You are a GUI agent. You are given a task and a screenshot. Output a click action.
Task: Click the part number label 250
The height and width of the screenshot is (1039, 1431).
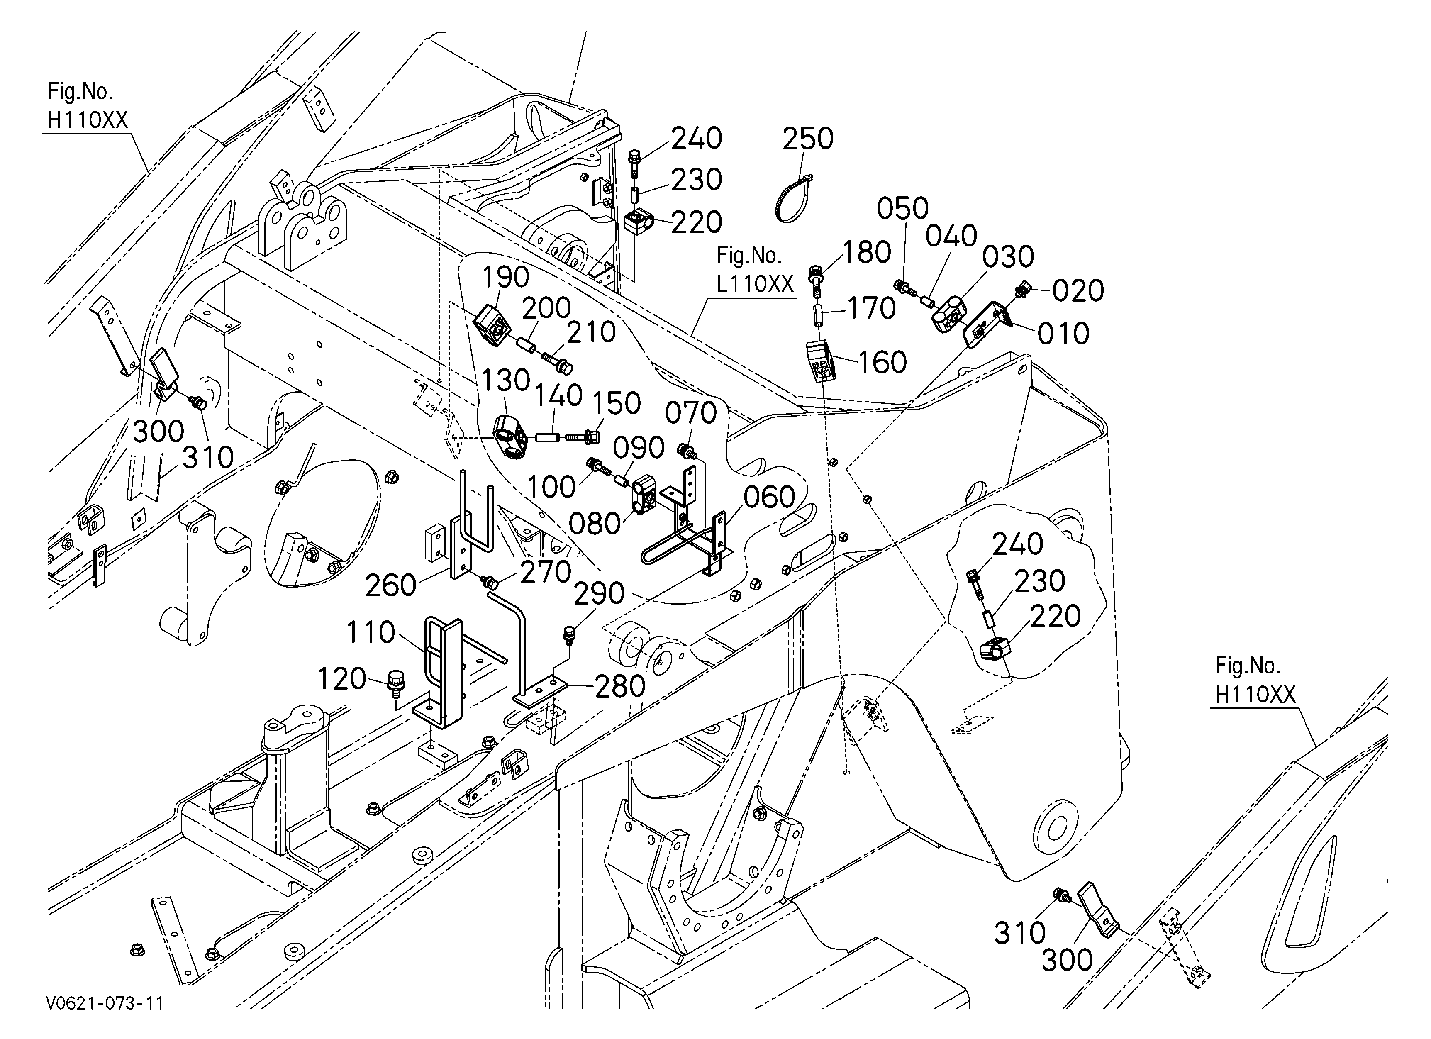(808, 139)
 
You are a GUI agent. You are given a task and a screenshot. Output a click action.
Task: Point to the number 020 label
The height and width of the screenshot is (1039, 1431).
(1078, 291)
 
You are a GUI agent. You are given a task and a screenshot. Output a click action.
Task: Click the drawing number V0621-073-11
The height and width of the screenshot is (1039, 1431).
(105, 1003)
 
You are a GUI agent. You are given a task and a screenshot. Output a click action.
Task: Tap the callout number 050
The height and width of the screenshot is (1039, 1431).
(902, 208)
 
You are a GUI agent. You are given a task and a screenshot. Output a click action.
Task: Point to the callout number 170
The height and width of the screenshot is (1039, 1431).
(871, 308)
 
